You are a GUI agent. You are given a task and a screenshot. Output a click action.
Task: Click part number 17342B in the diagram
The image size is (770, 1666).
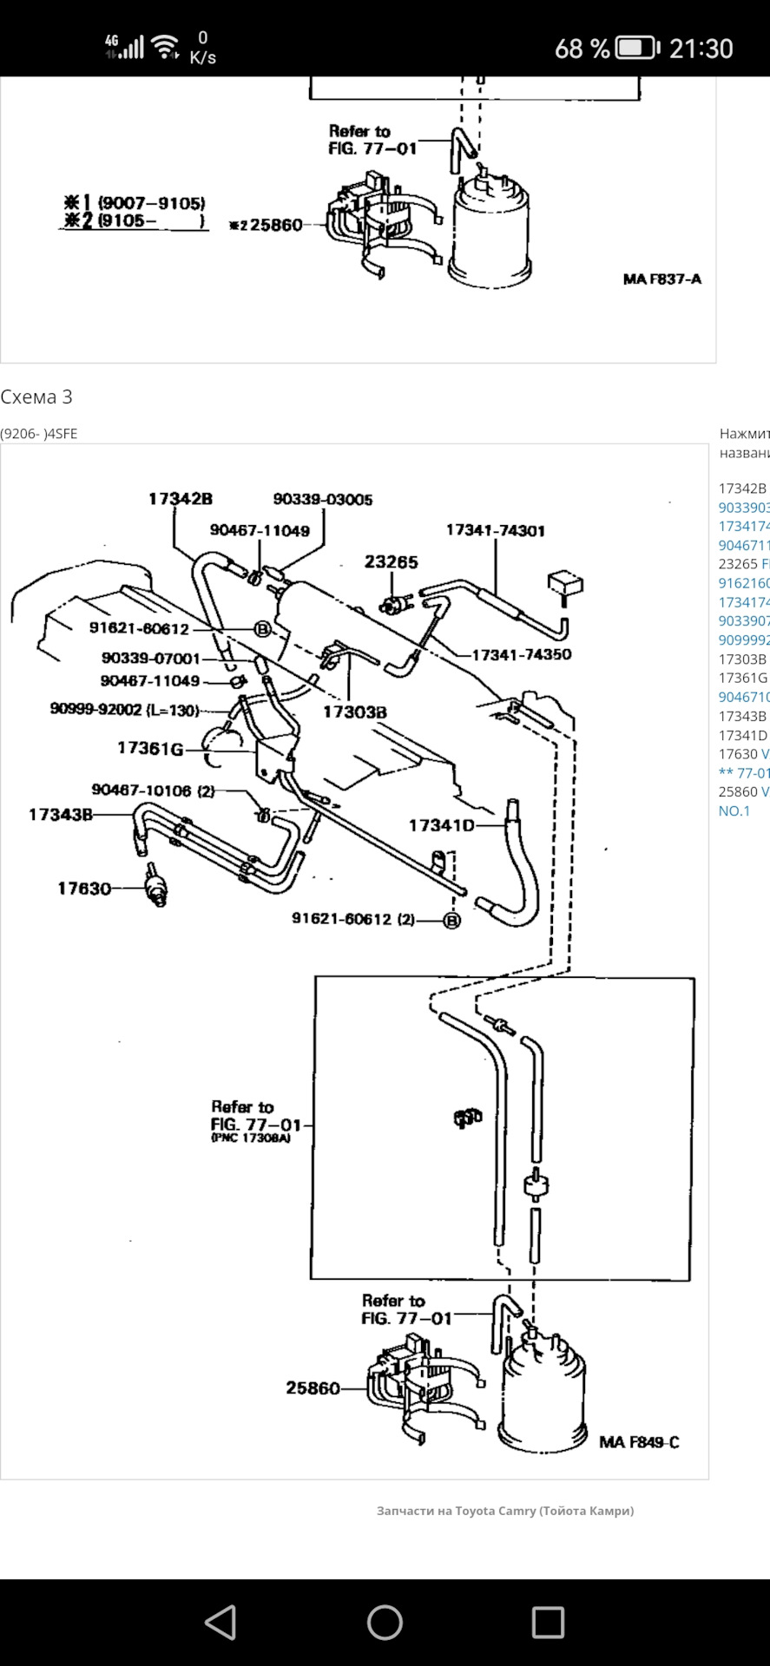click(x=181, y=499)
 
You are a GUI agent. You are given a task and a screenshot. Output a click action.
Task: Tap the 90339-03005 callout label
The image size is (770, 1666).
click(x=323, y=500)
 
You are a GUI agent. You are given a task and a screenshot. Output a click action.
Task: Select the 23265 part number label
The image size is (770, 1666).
click(x=392, y=562)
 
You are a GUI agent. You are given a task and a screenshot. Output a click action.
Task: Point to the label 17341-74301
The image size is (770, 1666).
click(x=496, y=530)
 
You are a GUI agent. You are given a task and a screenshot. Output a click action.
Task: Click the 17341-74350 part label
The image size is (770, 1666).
click(x=521, y=654)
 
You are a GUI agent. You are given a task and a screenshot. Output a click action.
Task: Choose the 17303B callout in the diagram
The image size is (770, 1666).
click(x=355, y=712)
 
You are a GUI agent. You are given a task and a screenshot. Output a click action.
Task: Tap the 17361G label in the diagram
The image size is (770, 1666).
click(x=150, y=748)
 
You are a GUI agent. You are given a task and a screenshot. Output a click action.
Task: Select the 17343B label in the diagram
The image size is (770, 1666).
click(x=61, y=814)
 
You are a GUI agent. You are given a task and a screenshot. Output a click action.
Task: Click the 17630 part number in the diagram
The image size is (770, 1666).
click(x=84, y=888)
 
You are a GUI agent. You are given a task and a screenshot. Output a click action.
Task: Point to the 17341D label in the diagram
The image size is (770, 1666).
click(x=442, y=825)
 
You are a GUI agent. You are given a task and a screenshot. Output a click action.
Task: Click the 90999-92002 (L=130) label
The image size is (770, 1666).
click(x=125, y=709)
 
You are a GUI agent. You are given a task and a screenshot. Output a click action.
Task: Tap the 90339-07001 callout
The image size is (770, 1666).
click(x=151, y=659)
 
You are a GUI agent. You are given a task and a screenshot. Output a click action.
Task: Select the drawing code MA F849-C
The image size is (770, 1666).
click(x=639, y=1442)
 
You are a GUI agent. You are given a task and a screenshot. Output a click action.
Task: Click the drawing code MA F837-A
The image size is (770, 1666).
click(x=662, y=279)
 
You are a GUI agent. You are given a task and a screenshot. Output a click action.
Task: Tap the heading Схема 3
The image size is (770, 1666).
click(x=36, y=397)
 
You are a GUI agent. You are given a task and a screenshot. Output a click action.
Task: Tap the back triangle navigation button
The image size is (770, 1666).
click(x=220, y=1622)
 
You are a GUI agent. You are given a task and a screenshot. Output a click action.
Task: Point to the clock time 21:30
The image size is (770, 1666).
click(x=701, y=49)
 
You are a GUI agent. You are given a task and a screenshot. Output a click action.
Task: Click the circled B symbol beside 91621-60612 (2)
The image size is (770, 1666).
click(x=451, y=921)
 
